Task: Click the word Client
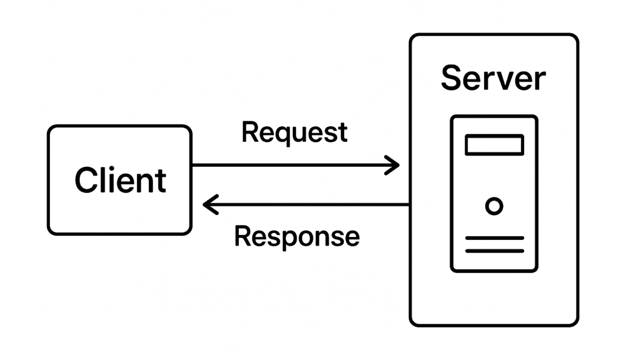tap(120, 180)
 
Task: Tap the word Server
tap(493, 78)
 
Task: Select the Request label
tap(294, 132)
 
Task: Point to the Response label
tap(297, 236)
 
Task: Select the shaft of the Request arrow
tap(292, 165)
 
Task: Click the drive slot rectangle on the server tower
tap(494, 145)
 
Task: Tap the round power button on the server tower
tap(494, 206)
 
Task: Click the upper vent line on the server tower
tap(494, 238)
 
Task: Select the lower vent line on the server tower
tap(494, 251)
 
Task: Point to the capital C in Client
tap(87, 180)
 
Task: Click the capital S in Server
tap(452, 78)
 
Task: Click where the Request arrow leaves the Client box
tap(193, 165)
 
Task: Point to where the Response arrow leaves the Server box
tap(409, 205)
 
